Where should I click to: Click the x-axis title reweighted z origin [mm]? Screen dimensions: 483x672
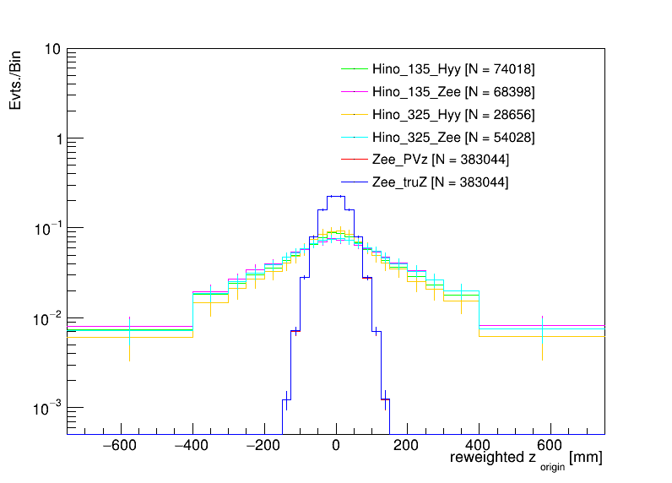tap(525, 459)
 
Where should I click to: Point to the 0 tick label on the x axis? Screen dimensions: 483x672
tap(336, 447)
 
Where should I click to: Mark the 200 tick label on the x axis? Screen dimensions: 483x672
tap(408, 447)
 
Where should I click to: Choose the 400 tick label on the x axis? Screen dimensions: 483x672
tap(480, 447)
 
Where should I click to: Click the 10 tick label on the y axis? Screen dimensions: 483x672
tap(51, 49)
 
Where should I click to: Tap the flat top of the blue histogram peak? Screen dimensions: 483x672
tap(336, 196)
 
